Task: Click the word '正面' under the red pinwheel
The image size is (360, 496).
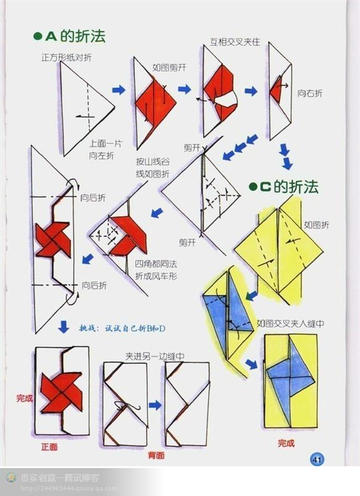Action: coord(50,446)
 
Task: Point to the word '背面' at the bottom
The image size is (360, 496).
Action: coord(156,455)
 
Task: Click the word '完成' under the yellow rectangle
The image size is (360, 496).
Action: coord(286,443)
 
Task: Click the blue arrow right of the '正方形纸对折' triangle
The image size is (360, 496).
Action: coord(118,90)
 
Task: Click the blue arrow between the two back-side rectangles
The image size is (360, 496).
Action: coord(155,405)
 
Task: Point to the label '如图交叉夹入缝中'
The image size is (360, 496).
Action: coord(291,323)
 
